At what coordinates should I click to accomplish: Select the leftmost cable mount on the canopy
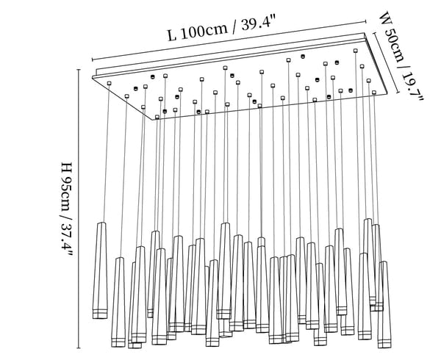(109, 84)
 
